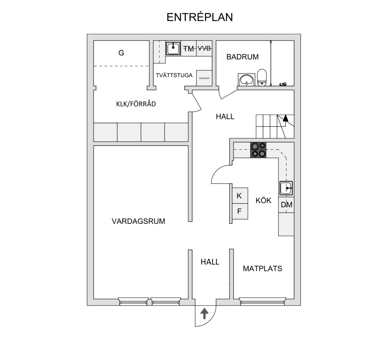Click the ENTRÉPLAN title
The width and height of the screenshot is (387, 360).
200,17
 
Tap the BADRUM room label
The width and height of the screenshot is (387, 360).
242,57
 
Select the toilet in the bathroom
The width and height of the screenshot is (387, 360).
262,77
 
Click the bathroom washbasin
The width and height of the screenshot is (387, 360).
246,79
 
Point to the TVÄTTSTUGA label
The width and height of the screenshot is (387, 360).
174,75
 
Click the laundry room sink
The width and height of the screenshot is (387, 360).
173,48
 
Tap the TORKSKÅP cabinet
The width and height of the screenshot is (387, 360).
204,78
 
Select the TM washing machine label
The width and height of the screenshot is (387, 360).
189,49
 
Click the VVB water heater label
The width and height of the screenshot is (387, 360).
204,48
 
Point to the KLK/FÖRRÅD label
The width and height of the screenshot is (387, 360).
136,104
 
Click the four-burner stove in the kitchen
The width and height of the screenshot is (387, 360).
258,150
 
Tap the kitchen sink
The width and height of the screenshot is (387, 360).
286,188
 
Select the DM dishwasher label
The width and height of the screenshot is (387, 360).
287,205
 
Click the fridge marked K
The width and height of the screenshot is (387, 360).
240,196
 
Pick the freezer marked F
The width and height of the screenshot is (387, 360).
240,211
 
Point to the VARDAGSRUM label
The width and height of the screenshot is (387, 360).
138,221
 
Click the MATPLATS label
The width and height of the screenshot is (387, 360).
262,268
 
